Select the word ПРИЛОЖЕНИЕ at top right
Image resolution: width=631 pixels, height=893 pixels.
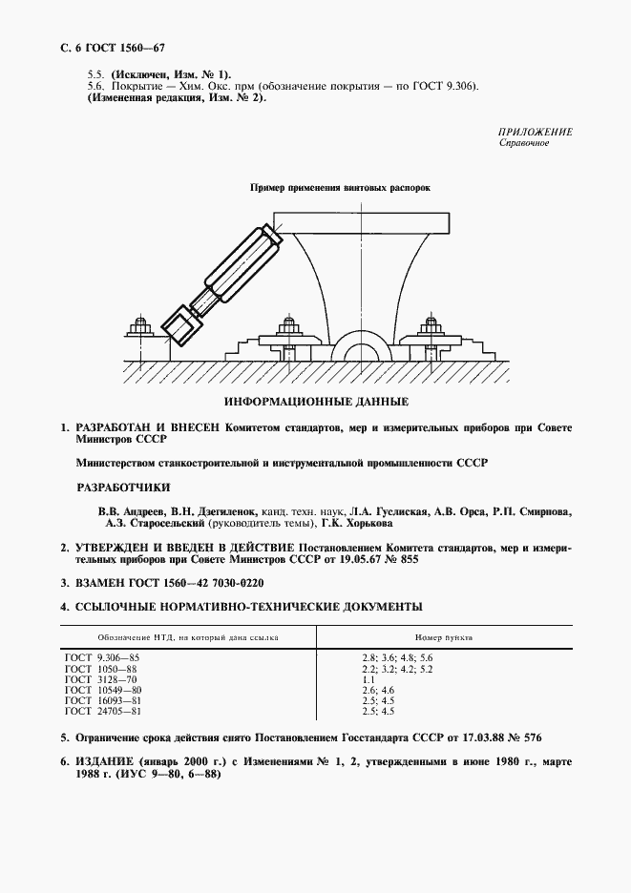tap(535, 132)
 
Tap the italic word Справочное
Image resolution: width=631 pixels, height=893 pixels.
tap(524, 144)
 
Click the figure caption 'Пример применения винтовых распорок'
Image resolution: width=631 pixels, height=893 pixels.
tap(340, 188)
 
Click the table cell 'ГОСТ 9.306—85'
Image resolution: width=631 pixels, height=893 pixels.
tap(102, 658)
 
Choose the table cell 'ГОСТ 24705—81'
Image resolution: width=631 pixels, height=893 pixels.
tap(103, 711)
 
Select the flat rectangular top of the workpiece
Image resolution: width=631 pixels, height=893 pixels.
tap(363, 224)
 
